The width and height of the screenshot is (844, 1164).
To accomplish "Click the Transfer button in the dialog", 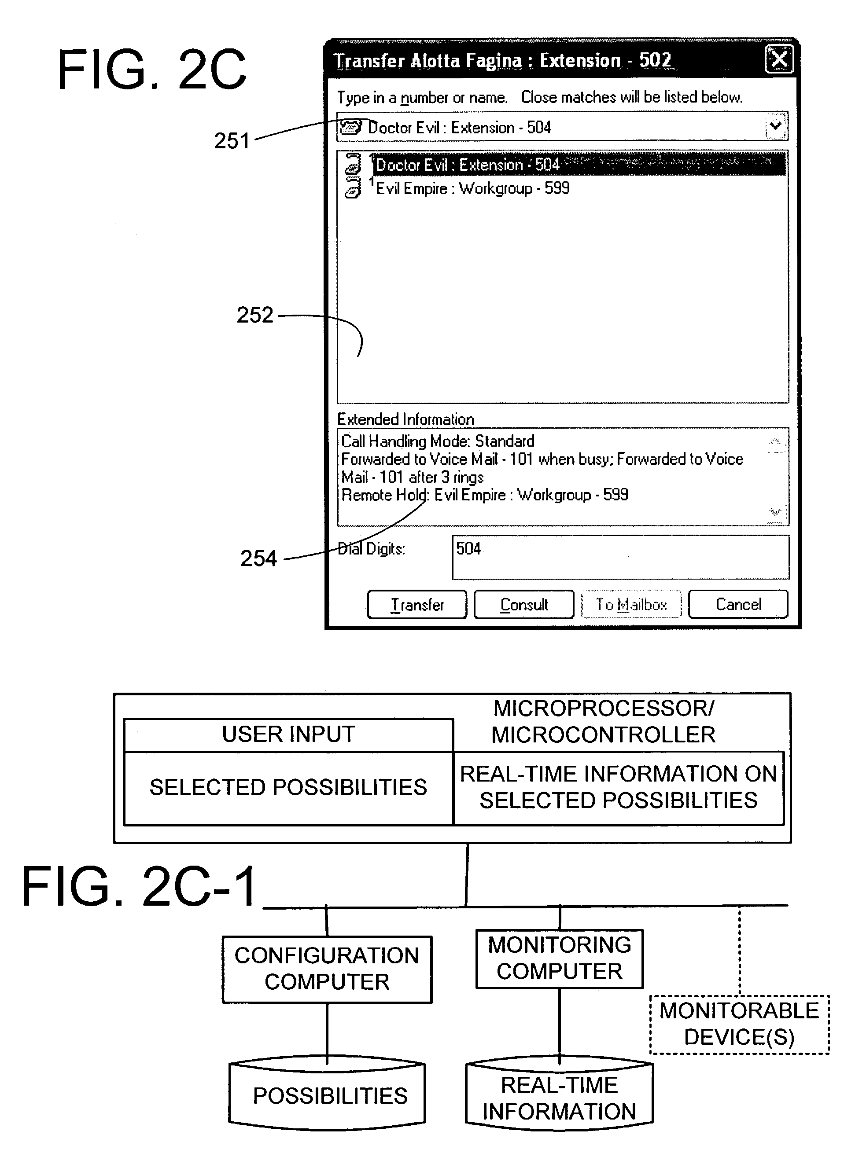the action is (417, 604).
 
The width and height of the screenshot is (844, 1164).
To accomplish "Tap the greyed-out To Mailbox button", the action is (631, 604).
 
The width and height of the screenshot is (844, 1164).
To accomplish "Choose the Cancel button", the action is (738, 604).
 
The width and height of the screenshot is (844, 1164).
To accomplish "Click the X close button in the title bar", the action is (779, 59).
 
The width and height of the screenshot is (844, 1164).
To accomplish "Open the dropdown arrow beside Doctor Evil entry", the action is (776, 126).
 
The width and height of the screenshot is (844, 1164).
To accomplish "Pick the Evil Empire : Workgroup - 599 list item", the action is (472, 188).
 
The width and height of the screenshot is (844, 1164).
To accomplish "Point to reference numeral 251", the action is (232, 141).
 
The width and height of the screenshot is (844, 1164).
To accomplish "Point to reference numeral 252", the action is (254, 315).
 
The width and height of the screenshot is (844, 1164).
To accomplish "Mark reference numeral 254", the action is (259, 558).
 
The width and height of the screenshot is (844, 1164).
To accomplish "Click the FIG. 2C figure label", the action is (152, 69).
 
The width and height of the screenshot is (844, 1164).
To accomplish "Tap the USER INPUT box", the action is (288, 734).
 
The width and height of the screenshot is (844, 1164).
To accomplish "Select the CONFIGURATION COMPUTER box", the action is (327, 969).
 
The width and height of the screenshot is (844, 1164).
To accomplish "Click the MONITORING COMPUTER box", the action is (560, 959).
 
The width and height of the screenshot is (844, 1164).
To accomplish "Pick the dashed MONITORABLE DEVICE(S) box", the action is (739, 1024).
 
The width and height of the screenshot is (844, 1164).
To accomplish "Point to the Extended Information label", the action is (405, 419).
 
